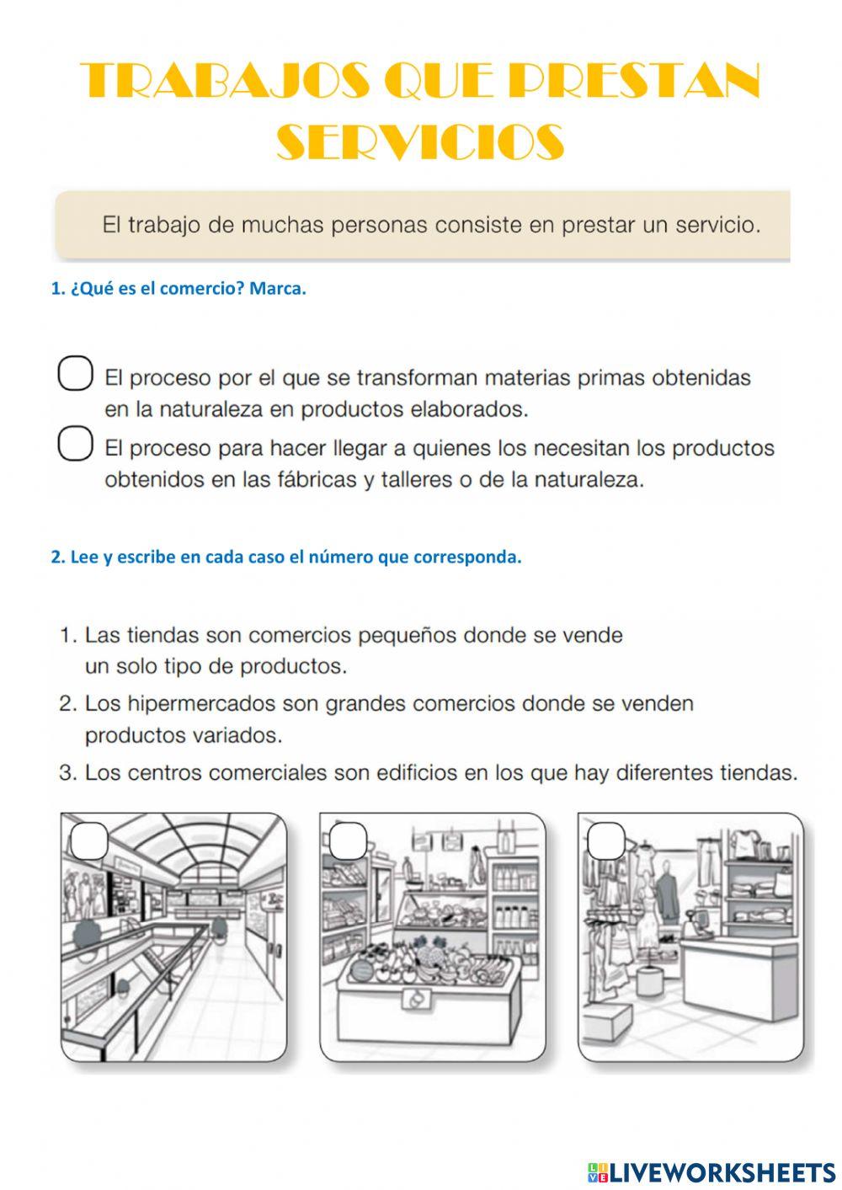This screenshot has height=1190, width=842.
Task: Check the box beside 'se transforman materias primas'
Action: [75, 374]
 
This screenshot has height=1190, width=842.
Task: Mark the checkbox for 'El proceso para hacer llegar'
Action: [75, 444]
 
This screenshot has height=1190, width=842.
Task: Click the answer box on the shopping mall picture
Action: [89, 840]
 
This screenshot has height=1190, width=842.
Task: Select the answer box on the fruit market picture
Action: [348, 840]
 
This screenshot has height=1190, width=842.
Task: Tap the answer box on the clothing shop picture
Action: [606, 840]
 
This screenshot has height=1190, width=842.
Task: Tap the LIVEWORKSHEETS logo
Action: [711, 1171]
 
